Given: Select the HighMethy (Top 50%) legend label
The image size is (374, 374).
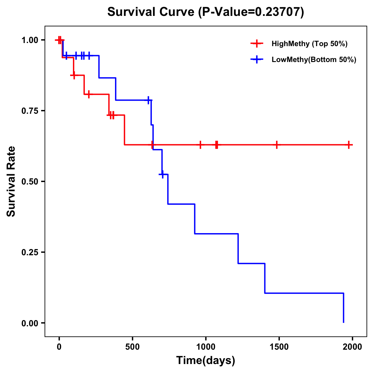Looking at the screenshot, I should click(x=309, y=44).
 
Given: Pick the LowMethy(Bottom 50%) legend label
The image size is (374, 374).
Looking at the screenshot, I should click(x=314, y=60).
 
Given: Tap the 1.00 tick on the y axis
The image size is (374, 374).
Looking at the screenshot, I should click(x=30, y=40).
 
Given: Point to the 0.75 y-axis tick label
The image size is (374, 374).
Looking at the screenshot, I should click(x=30, y=111).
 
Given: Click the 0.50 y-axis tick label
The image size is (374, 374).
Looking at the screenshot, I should click(x=30, y=182).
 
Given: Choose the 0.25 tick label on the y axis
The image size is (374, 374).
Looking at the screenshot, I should click(x=30, y=252).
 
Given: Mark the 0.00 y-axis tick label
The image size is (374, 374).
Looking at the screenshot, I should click(x=30, y=323).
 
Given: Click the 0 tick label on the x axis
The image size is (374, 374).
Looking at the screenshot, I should click(x=59, y=347).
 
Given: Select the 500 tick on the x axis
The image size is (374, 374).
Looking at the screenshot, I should click(x=132, y=347).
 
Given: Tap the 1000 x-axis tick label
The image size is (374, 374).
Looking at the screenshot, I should click(x=206, y=347).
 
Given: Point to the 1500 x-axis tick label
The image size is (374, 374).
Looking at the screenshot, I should click(x=279, y=347).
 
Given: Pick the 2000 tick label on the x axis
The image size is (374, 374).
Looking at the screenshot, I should click(x=352, y=347).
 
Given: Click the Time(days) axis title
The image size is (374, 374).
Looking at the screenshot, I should click(x=206, y=361).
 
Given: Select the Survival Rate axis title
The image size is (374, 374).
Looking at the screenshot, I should click(x=11, y=181).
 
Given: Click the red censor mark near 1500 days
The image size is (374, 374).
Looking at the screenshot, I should click(x=276, y=145).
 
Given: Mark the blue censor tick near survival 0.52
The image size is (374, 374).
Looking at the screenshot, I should click(x=162, y=174).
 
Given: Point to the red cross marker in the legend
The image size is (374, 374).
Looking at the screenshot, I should click(x=257, y=44).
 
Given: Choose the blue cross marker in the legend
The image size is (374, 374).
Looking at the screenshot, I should click(x=257, y=60).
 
